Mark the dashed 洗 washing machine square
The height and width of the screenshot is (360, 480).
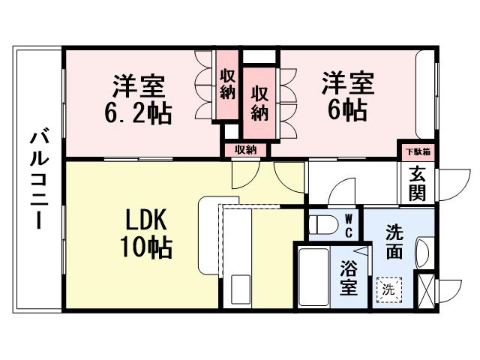[x=388, y=288]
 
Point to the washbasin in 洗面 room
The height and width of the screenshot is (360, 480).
[x=422, y=252]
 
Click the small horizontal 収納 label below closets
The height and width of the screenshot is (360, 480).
[x=245, y=149]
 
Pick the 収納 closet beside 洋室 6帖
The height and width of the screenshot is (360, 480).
[x=259, y=103]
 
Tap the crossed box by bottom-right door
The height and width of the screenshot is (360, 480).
[x=425, y=290]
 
